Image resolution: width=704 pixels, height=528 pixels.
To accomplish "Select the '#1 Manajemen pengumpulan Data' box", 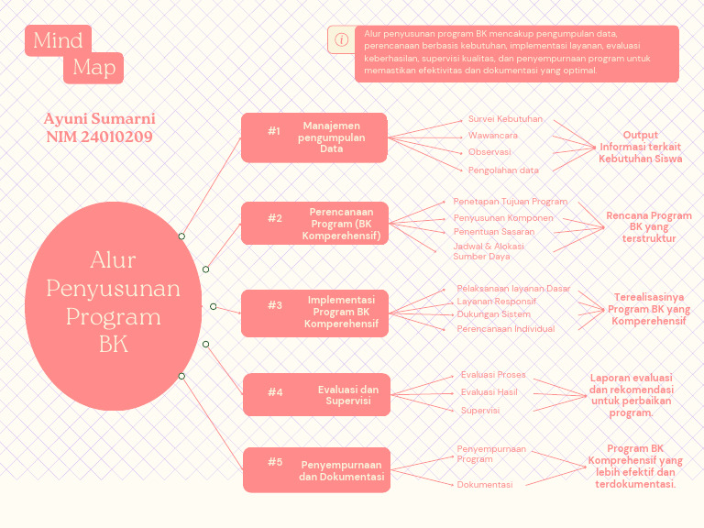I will tap(314, 137).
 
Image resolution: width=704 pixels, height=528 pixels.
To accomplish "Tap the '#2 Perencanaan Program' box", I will tap(314, 224).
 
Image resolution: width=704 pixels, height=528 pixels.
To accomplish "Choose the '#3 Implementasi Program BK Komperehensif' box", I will tap(314, 312).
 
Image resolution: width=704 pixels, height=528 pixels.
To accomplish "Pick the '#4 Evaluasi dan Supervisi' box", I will tap(316, 395).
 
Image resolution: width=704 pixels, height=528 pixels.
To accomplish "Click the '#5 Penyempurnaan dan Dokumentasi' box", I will tap(316, 469).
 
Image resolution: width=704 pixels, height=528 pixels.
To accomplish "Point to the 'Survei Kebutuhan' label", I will tap(505, 119).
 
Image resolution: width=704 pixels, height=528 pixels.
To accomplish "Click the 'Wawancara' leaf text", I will tap(492, 136).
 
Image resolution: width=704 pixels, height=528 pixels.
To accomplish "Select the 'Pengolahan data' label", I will tap(503, 170).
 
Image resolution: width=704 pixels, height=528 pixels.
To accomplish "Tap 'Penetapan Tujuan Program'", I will tap(510, 201).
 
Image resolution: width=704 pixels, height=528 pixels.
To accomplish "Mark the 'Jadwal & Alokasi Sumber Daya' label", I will tap(489, 251).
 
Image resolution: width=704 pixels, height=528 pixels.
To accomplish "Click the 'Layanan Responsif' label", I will tap(496, 302).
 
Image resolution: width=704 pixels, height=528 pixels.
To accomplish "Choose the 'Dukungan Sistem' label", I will tap(493, 314).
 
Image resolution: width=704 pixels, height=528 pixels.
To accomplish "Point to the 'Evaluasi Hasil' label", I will tap(489, 392).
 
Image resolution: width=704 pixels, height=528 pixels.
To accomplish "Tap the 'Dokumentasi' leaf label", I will tap(485, 484).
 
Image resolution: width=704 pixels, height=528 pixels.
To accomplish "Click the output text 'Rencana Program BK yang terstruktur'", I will tap(648, 227).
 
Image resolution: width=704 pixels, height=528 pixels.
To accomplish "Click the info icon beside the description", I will tap(341, 40).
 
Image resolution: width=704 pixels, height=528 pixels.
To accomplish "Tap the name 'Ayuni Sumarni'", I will tap(99, 119).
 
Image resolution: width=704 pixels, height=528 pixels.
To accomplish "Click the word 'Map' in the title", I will tap(93, 67).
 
